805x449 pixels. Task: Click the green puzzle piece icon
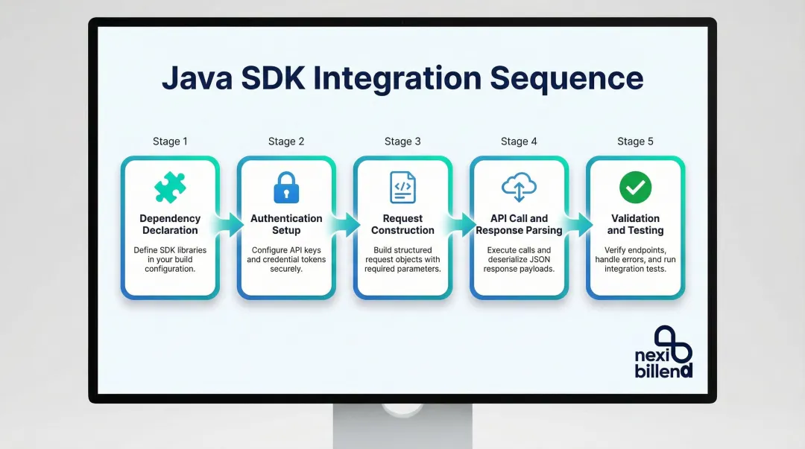170,188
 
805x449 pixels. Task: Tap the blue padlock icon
286,188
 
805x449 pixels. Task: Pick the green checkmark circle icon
635,188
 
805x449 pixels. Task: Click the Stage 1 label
170,141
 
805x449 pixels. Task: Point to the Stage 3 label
402,141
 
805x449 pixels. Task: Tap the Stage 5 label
635,141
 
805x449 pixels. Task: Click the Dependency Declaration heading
170,224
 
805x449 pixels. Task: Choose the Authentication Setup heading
286,224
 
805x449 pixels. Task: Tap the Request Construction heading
402,224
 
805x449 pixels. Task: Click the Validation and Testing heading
635,224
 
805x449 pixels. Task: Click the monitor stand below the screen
402,424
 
